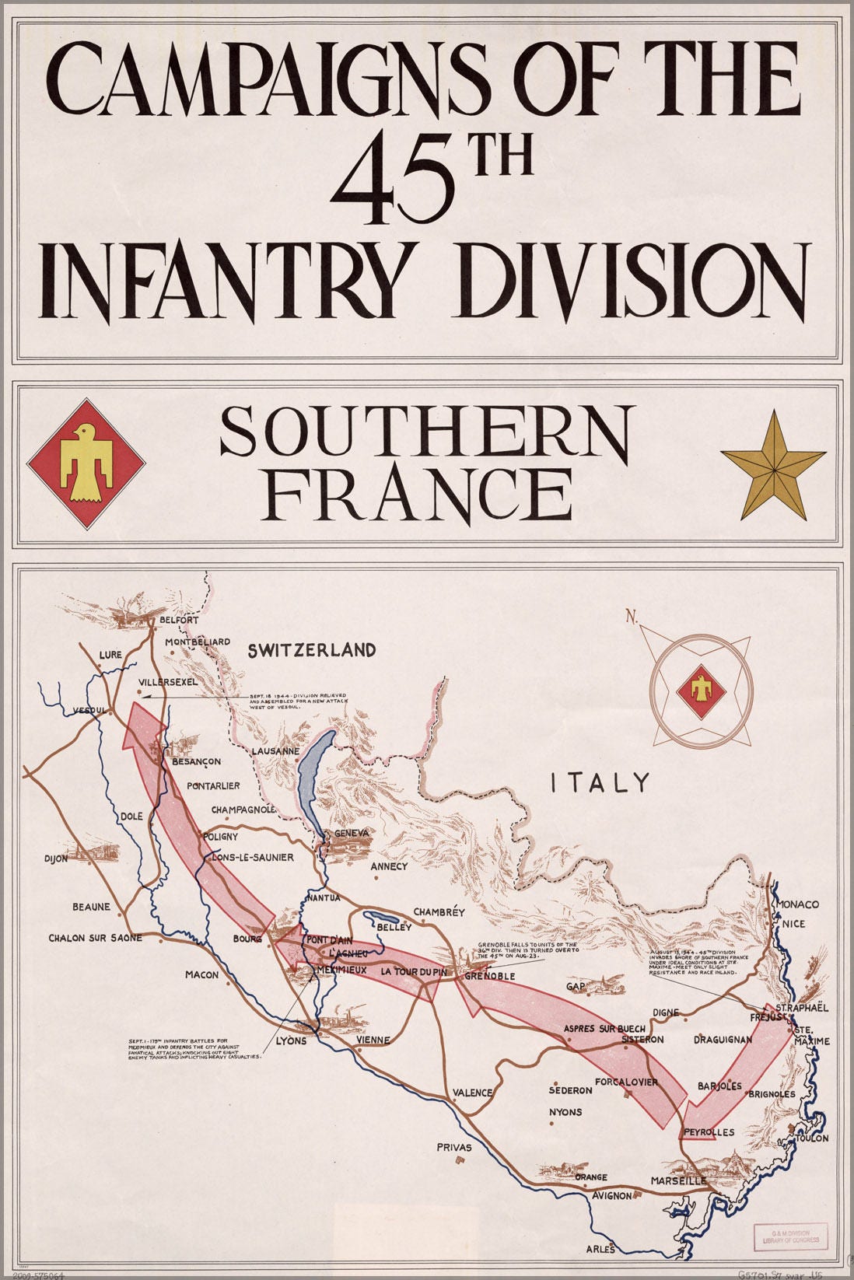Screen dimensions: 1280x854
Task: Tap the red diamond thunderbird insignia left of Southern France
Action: (86, 464)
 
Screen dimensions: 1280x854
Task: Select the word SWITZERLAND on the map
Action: (312, 650)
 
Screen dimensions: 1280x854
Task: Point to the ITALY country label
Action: (599, 782)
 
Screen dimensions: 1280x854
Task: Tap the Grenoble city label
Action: (490, 976)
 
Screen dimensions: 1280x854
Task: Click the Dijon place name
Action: (56, 859)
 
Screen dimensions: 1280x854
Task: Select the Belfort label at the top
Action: (179, 621)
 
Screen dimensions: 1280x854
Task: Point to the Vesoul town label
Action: (88, 711)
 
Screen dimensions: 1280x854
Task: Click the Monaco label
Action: (798, 904)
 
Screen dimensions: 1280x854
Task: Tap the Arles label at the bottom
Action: (600, 1250)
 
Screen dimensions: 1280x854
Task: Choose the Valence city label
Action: (473, 1093)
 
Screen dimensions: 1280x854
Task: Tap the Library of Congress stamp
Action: (790, 1236)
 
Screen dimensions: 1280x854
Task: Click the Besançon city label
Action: (196, 761)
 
